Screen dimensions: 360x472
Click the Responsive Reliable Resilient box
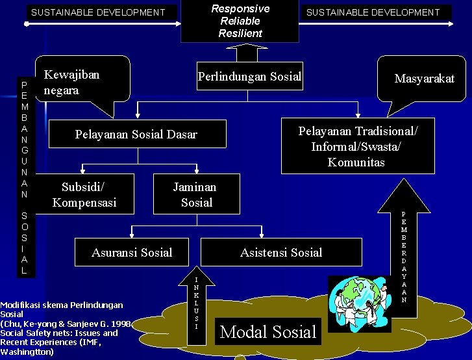click(x=240, y=21)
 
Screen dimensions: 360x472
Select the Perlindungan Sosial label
click(x=249, y=77)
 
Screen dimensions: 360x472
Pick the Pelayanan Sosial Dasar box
click(x=136, y=135)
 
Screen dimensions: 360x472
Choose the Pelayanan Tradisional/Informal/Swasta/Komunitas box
click(x=358, y=146)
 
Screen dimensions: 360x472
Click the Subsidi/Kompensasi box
click(x=84, y=194)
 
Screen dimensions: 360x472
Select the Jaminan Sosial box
click(x=195, y=194)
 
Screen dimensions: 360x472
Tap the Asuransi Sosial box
click(x=132, y=252)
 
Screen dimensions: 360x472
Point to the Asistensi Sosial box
click(x=280, y=252)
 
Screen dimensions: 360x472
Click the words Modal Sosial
click(x=268, y=332)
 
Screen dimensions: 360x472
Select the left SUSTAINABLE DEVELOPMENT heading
click(x=98, y=12)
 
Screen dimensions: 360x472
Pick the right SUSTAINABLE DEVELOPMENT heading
click(x=373, y=12)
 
